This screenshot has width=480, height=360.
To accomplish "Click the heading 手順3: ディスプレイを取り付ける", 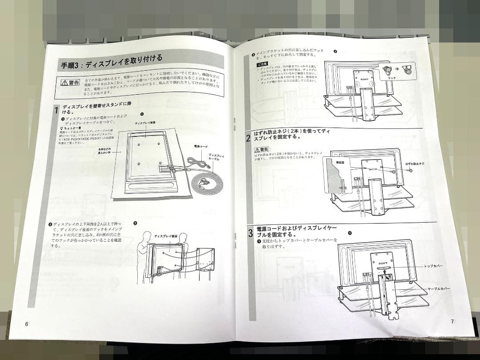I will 112,62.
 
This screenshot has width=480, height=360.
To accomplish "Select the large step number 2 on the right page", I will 248,137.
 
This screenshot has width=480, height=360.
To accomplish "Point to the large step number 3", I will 250,232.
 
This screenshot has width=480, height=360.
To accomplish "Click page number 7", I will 452,321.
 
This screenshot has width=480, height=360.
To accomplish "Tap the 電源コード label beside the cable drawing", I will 200,146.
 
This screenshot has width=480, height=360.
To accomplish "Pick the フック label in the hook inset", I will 392,78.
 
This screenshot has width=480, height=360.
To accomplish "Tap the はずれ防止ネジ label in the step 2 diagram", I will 415,164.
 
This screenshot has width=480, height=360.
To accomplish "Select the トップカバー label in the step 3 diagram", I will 433,266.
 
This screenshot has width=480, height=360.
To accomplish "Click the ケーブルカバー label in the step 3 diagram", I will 438,288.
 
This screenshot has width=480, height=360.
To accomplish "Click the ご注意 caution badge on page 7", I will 263,65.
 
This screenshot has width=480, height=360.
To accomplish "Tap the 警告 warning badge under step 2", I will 261,149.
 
